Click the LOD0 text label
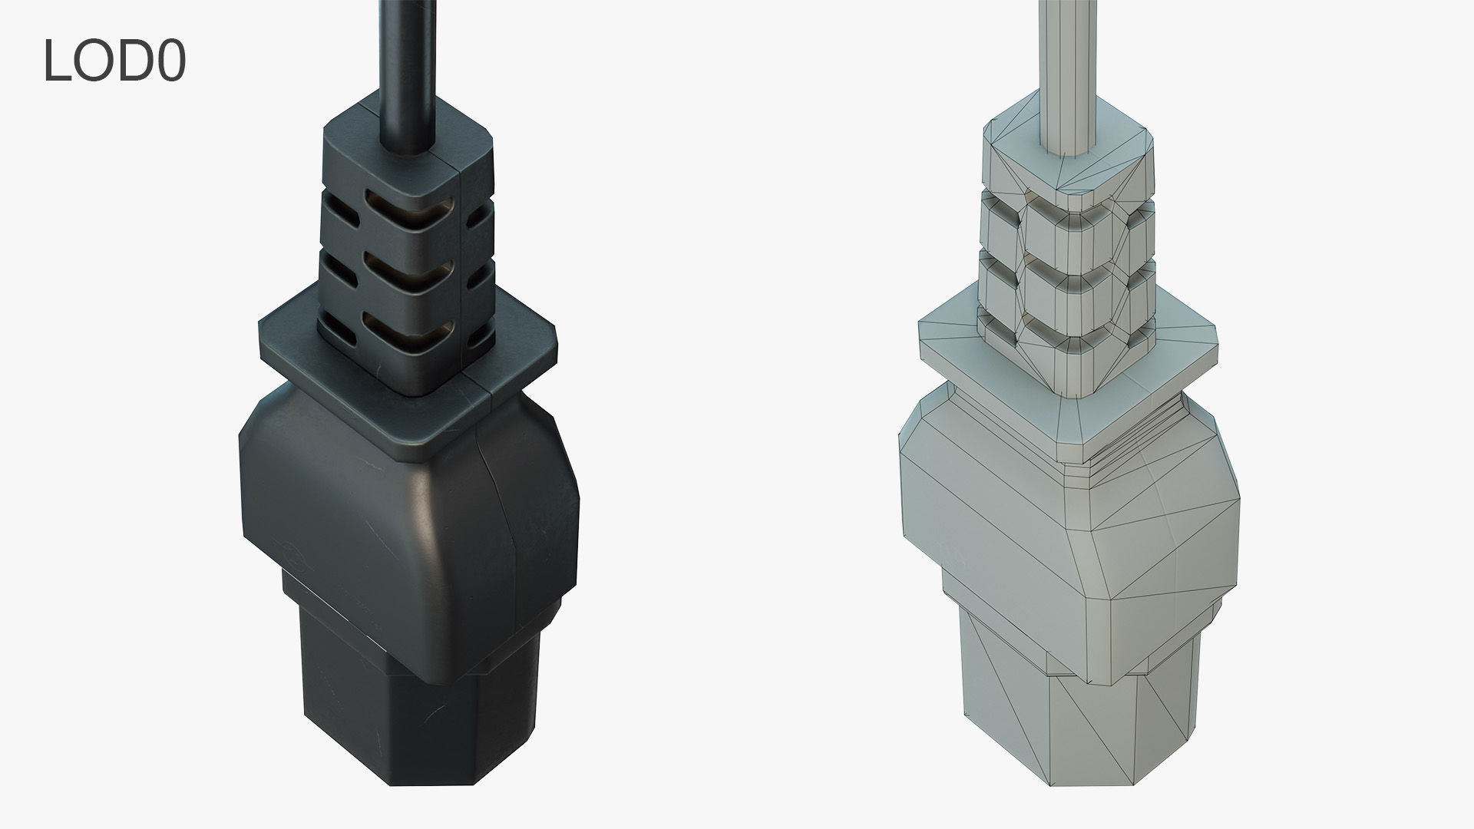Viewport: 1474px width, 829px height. (x=114, y=61)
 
